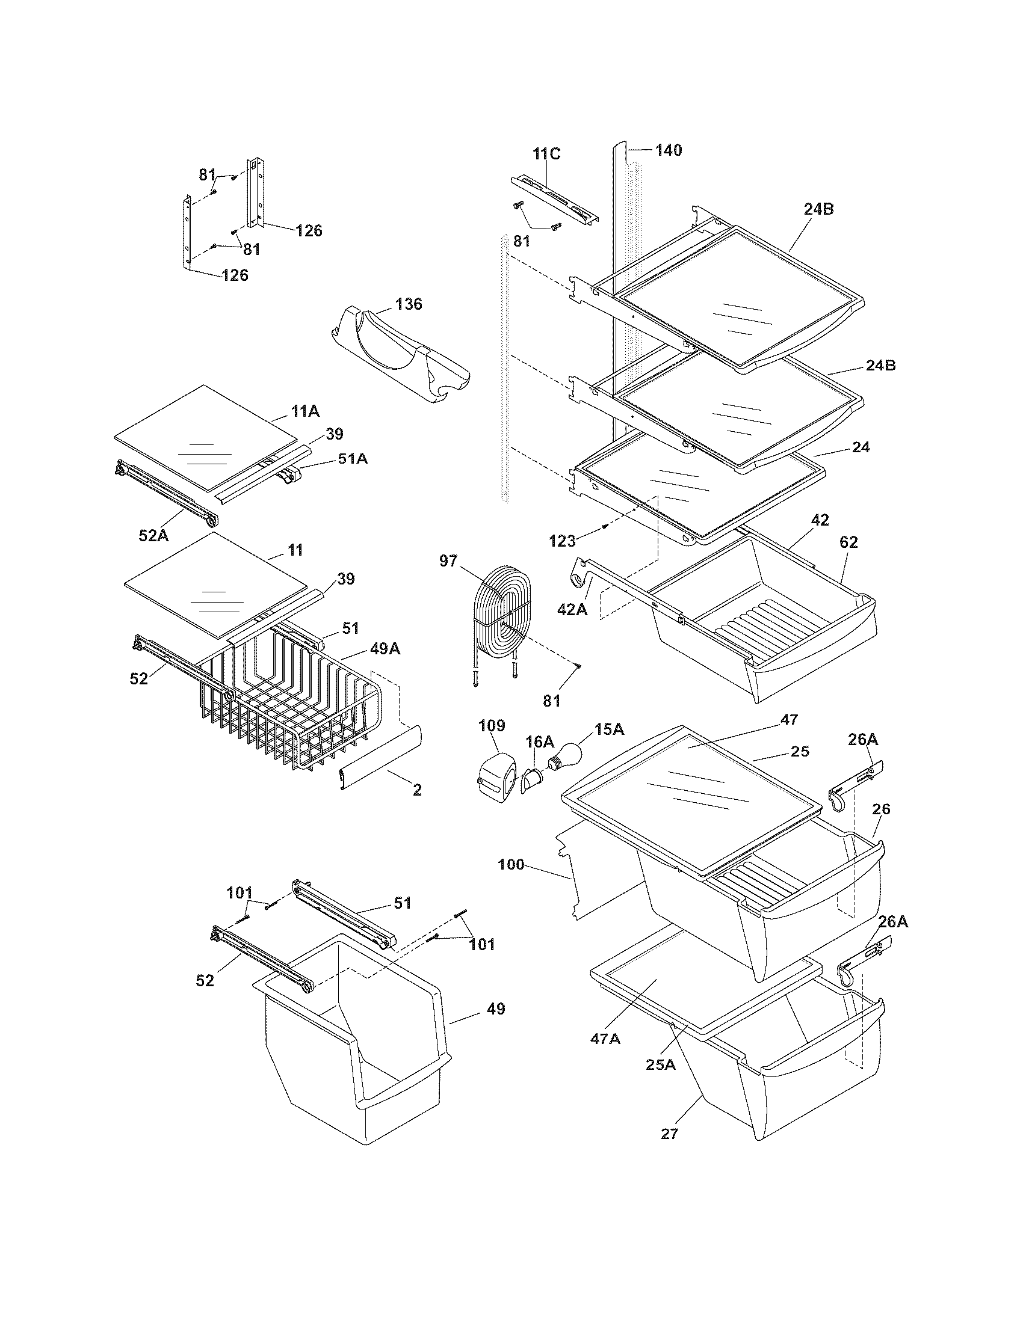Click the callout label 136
(409, 304)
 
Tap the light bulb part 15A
(568, 755)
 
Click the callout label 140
(668, 150)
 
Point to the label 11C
(546, 154)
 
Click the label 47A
(605, 1039)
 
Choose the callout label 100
(511, 864)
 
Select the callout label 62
(848, 542)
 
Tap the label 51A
(353, 459)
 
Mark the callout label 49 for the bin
(496, 1009)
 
